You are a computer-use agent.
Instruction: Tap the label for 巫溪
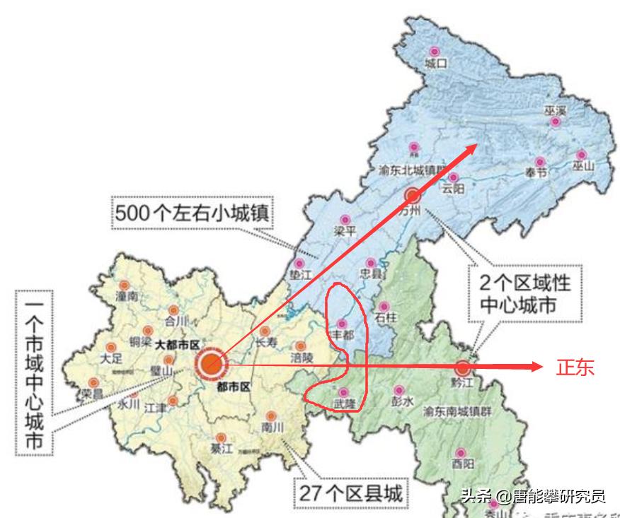click(x=556, y=110)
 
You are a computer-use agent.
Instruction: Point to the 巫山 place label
click(x=584, y=167)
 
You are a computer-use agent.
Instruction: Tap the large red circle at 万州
click(x=413, y=195)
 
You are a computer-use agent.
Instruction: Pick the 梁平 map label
click(x=344, y=231)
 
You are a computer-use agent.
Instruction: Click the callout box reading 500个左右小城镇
click(x=192, y=211)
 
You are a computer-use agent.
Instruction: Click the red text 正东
click(x=575, y=367)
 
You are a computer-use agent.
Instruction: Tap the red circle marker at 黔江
click(x=463, y=367)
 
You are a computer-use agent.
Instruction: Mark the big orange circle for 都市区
click(x=210, y=363)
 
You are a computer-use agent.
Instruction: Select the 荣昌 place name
click(x=91, y=392)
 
